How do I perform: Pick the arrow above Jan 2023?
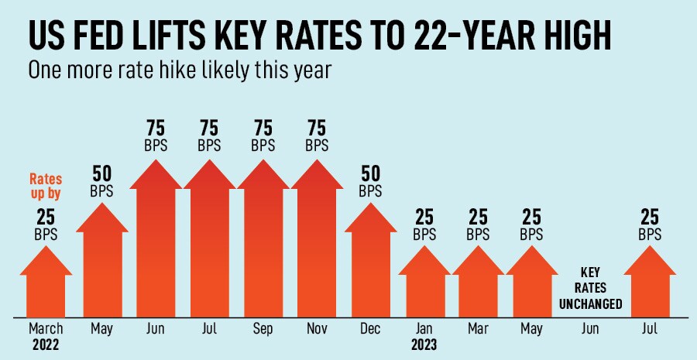pyautogui.click(x=424, y=283)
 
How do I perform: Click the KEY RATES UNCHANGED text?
pyautogui.click(x=590, y=288)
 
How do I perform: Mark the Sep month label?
pyautogui.click(x=263, y=329)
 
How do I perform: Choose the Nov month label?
pyautogui.click(x=317, y=329)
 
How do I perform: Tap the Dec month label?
pyautogui.click(x=370, y=329)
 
